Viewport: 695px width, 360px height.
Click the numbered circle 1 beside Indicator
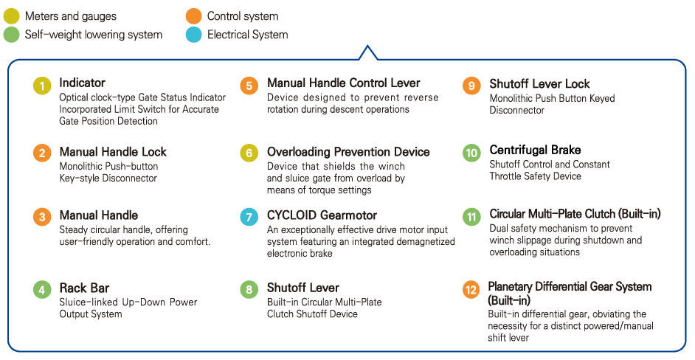(42, 86)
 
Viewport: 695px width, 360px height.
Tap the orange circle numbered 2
(42, 153)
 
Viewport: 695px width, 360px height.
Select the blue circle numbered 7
(249, 217)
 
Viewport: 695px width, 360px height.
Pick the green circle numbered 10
(471, 153)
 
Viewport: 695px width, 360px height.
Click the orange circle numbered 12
(471, 290)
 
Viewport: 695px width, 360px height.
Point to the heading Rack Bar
(84, 288)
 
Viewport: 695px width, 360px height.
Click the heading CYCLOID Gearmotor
(322, 215)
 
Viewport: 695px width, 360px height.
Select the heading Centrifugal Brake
(535, 150)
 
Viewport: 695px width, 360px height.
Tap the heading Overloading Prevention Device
(348, 152)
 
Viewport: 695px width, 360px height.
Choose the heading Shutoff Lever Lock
(539, 84)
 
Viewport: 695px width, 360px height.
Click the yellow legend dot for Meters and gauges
(11, 16)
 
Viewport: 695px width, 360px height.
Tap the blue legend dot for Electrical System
(193, 35)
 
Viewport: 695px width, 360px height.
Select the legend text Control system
(243, 16)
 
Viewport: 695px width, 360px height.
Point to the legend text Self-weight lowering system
(94, 35)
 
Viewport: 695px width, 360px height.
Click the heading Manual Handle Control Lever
(343, 83)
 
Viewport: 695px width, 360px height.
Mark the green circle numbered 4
(42, 290)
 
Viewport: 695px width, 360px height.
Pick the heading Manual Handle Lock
(113, 152)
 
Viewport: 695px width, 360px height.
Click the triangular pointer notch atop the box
(367, 52)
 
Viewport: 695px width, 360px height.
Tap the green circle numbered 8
(249, 290)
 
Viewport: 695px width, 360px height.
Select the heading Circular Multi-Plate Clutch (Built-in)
(575, 214)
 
